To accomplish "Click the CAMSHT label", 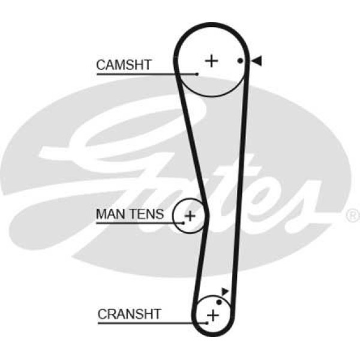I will pos(124,64).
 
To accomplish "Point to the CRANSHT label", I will pos(129,313).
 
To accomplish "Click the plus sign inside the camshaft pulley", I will pos(211,61).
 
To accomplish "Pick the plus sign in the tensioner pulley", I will pos(190,215).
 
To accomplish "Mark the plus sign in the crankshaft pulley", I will pos(211,314).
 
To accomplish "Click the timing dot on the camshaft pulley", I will pos(239,61).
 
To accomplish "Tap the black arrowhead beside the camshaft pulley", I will pos(256,60).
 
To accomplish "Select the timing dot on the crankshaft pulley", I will pos(219,302).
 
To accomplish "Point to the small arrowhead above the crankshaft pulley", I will pos(225,292).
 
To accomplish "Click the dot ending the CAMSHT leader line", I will pos(196,74).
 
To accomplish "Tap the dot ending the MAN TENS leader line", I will pos(181,223).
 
